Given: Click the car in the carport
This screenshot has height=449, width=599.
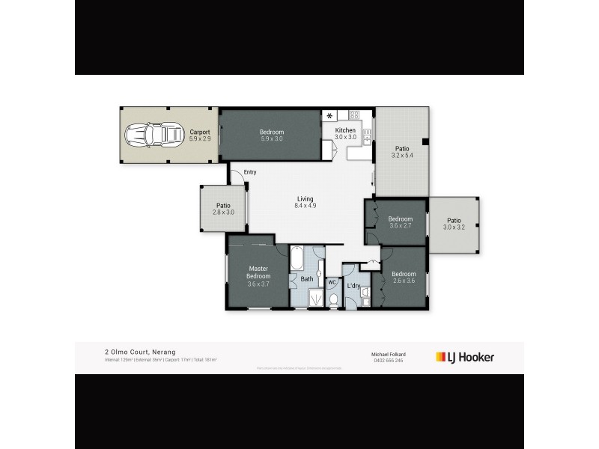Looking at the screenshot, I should tap(154, 135).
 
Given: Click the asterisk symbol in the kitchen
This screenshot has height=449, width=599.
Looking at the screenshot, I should tap(329, 116).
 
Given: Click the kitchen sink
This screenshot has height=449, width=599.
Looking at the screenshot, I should tap(367, 136).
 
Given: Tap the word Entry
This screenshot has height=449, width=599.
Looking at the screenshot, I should tap(250, 172).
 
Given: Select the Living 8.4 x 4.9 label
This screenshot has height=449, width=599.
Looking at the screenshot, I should tap(303, 202).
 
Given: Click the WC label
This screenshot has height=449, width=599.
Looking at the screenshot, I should tap(332, 282).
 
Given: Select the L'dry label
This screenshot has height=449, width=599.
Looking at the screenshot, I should tap(353, 284).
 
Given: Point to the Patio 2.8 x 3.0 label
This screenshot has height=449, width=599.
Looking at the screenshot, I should tap(222, 209).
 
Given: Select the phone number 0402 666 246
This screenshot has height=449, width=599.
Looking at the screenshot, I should tap(387, 360).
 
